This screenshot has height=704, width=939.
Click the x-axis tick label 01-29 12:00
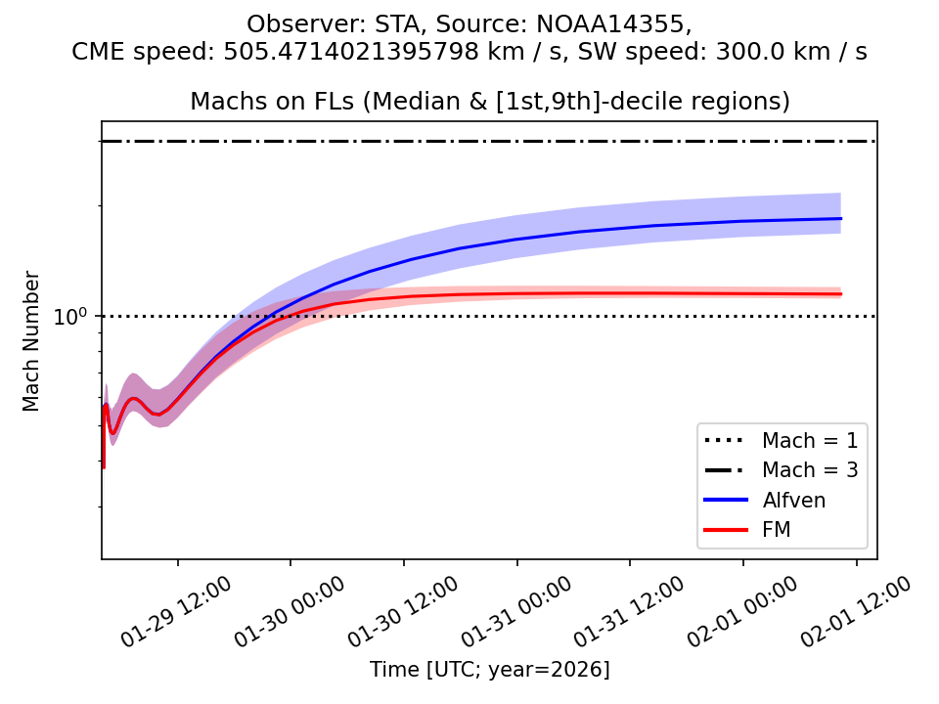pos(176,612)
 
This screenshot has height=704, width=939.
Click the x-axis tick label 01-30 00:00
pos(290,612)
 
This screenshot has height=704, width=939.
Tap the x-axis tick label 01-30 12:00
pos(403,612)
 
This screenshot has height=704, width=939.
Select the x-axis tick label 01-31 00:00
pos(516,612)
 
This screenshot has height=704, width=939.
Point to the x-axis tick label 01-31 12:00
pos(629,612)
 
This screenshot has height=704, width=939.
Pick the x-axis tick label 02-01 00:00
pos(742,612)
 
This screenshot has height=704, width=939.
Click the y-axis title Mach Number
pos(32,341)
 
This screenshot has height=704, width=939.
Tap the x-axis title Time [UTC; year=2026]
pos(489,670)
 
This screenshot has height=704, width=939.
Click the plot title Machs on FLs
pos(489,102)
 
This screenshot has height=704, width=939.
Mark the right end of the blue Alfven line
pos(841,219)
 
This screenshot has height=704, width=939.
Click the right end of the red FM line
pos(841,294)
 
